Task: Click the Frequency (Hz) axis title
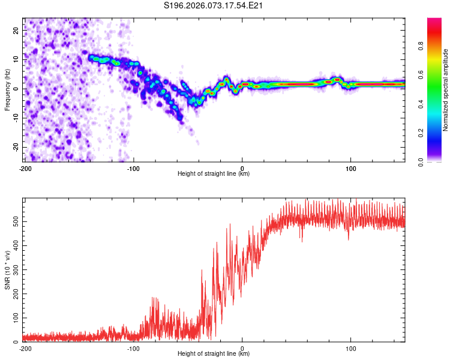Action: pyautogui.click(x=7, y=90)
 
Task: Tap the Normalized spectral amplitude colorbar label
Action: pyautogui.click(x=446, y=90)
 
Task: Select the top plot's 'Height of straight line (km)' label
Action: pyautogui.click(x=214, y=173)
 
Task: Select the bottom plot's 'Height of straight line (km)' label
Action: pyautogui.click(x=214, y=353)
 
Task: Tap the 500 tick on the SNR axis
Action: pyautogui.click(x=16, y=222)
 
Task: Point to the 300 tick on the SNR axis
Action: pyautogui.click(x=16, y=270)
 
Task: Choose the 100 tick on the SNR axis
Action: pyautogui.click(x=16, y=318)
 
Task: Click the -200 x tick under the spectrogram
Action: pyautogui.click(x=25, y=168)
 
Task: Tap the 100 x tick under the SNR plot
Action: pyautogui.click(x=351, y=348)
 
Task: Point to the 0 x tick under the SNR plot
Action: pyautogui.click(x=242, y=348)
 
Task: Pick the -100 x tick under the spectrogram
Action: pyautogui.click(x=133, y=168)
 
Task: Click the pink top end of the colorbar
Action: pyautogui.click(x=434, y=21)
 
